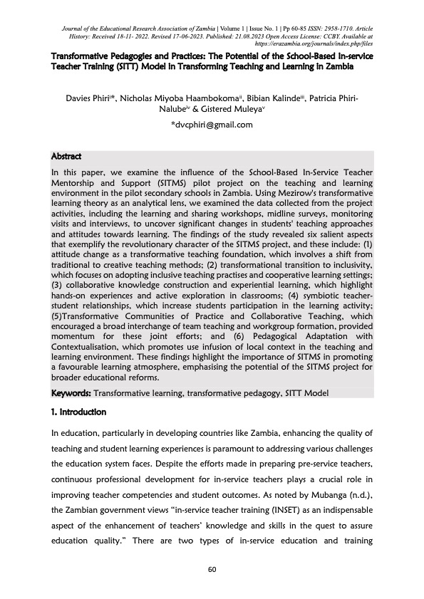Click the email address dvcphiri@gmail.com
pyautogui.click(x=212, y=125)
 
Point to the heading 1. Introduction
pyautogui.click(x=81, y=412)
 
